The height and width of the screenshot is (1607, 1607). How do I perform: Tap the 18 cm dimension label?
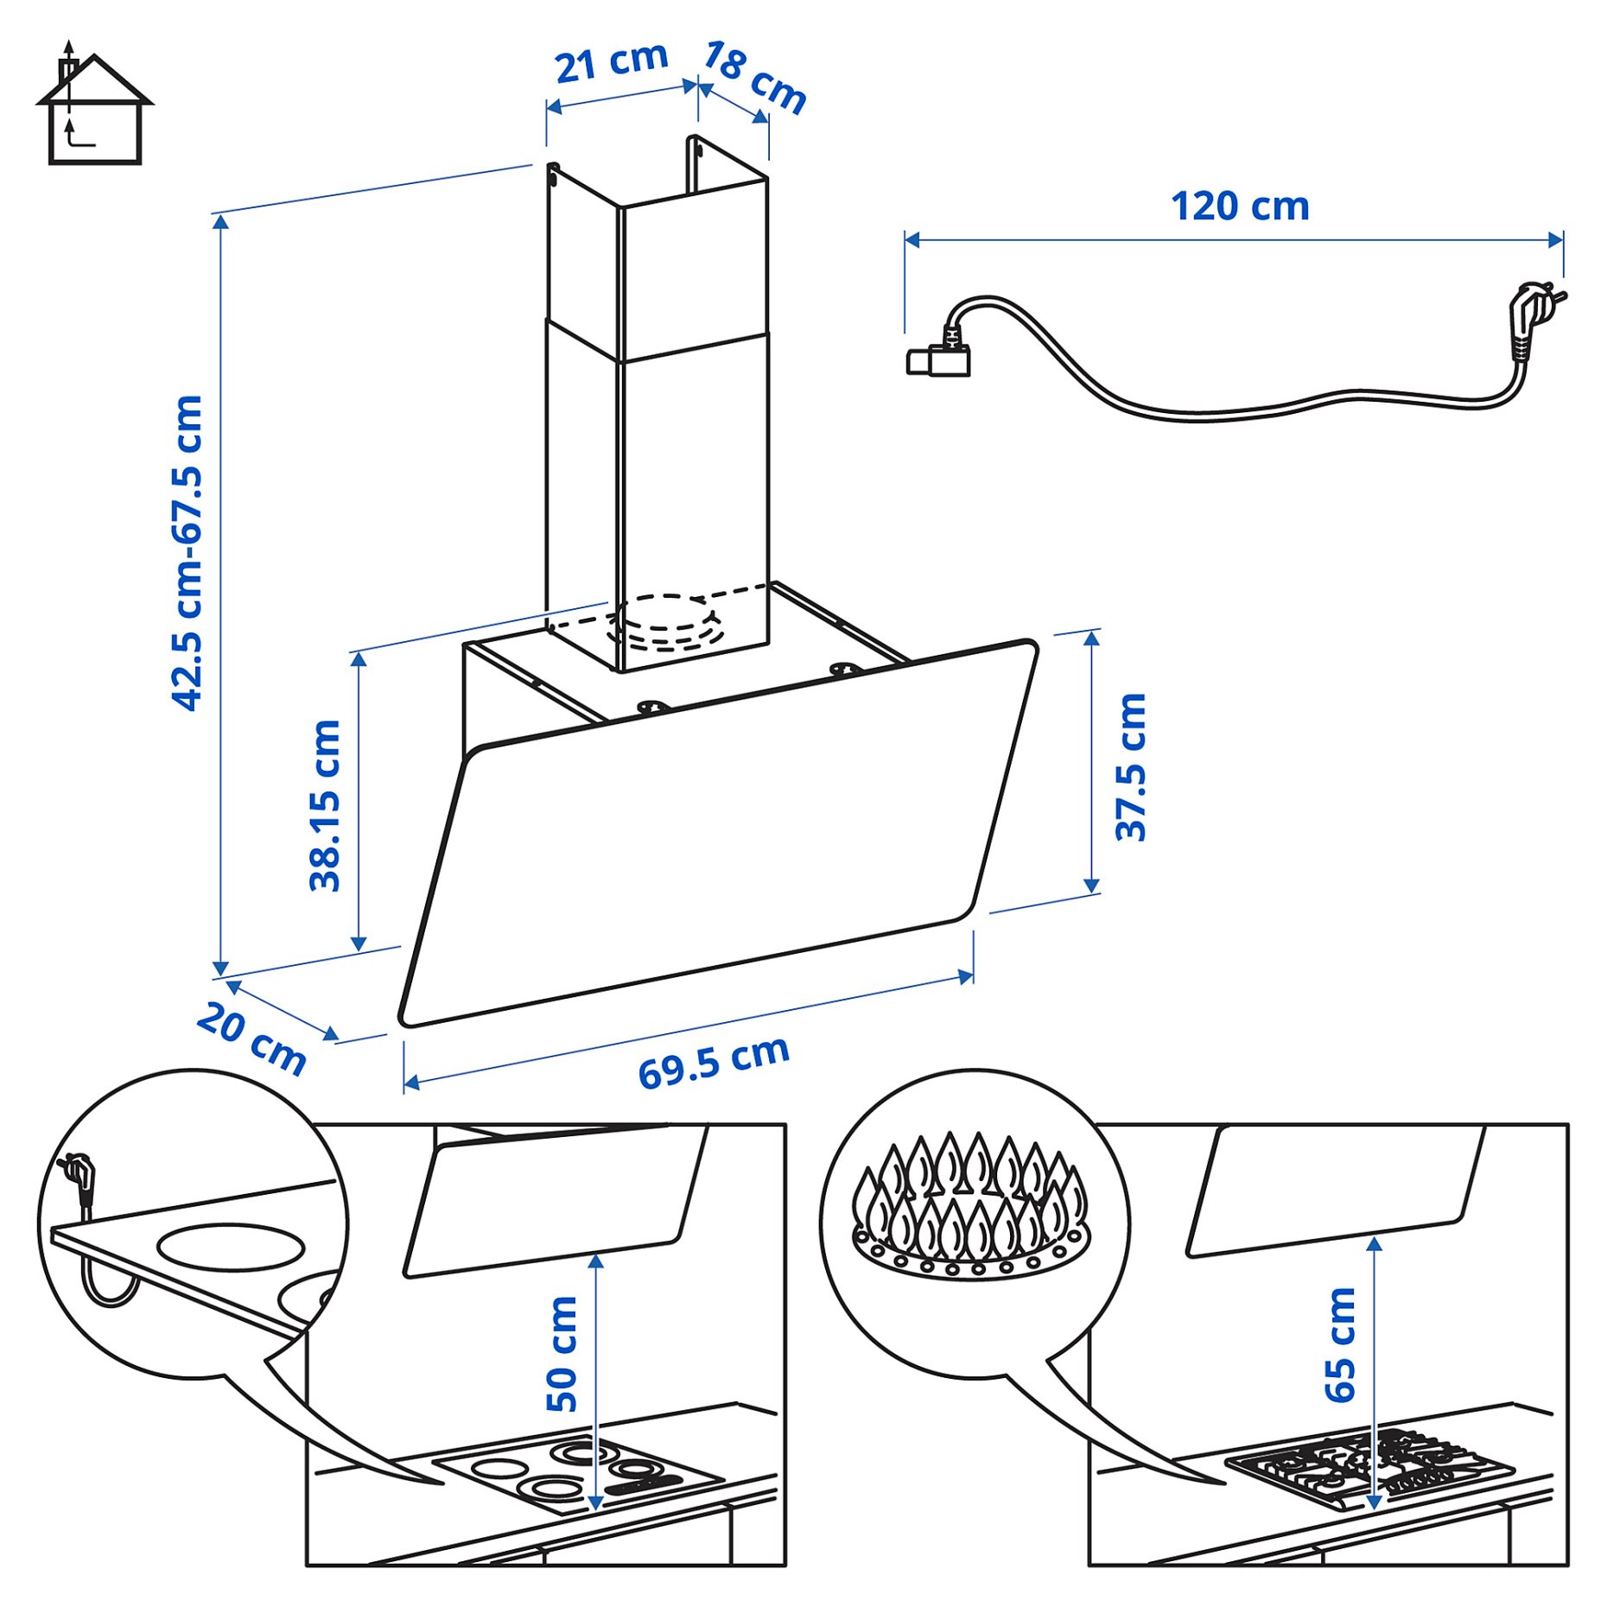coord(753,77)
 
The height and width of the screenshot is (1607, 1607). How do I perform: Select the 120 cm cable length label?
coord(1239,206)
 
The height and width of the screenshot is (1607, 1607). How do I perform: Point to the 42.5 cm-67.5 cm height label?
coord(187,553)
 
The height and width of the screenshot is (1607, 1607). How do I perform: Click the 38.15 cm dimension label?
coord(326,805)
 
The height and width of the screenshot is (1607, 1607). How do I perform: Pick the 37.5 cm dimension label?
coord(1130,766)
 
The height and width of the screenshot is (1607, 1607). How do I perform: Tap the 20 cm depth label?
coord(251,1039)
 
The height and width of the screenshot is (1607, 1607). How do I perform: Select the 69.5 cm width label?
coord(714,1063)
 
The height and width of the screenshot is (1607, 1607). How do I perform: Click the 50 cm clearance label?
coord(562,1353)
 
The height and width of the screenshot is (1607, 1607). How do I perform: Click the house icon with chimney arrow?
coord(93,108)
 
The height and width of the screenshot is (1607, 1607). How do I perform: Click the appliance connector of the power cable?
coord(939,359)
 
